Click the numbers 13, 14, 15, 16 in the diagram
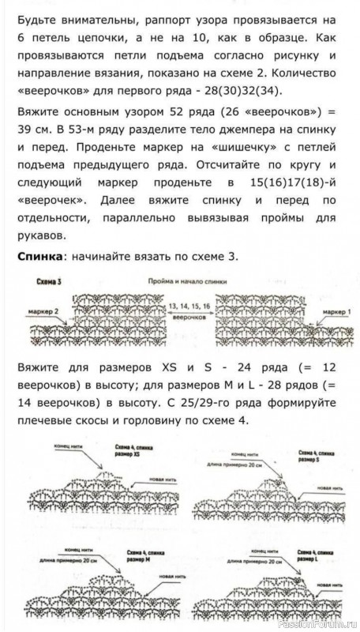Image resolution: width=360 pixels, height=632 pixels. [x=189, y=304]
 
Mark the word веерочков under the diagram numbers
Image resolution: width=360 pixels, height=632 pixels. [x=189, y=314]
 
